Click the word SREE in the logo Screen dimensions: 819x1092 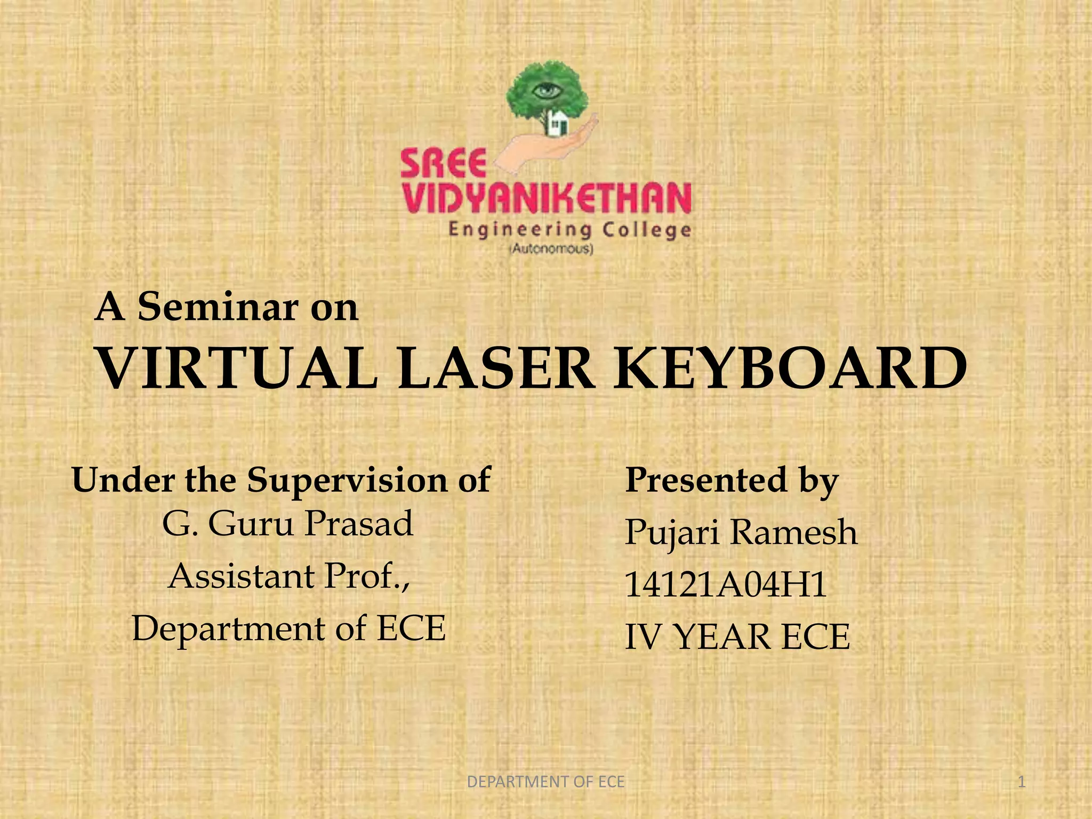click(444, 164)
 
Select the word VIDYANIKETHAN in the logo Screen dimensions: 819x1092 click(547, 198)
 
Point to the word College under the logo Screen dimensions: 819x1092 click(647, 230)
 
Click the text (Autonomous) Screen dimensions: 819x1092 click(552, 249)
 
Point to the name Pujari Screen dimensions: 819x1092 click(672, 533)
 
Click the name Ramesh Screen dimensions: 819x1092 click(794, 532)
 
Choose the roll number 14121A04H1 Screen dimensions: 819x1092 click(726, 585)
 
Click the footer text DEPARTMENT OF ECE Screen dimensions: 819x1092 click(545, 782)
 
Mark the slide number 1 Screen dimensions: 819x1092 click(1021, 782)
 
